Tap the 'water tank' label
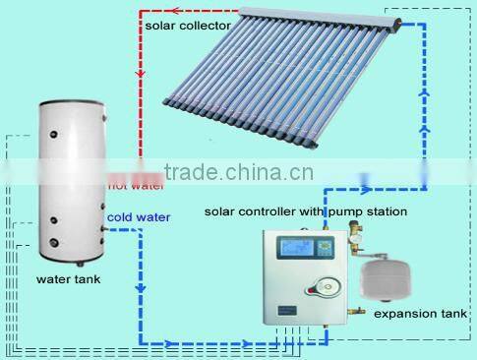[x=68, y=279]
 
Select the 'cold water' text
[x=139, y=216]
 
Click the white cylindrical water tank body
[x=68, y=182]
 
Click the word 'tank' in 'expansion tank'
[x=453, y=314]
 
